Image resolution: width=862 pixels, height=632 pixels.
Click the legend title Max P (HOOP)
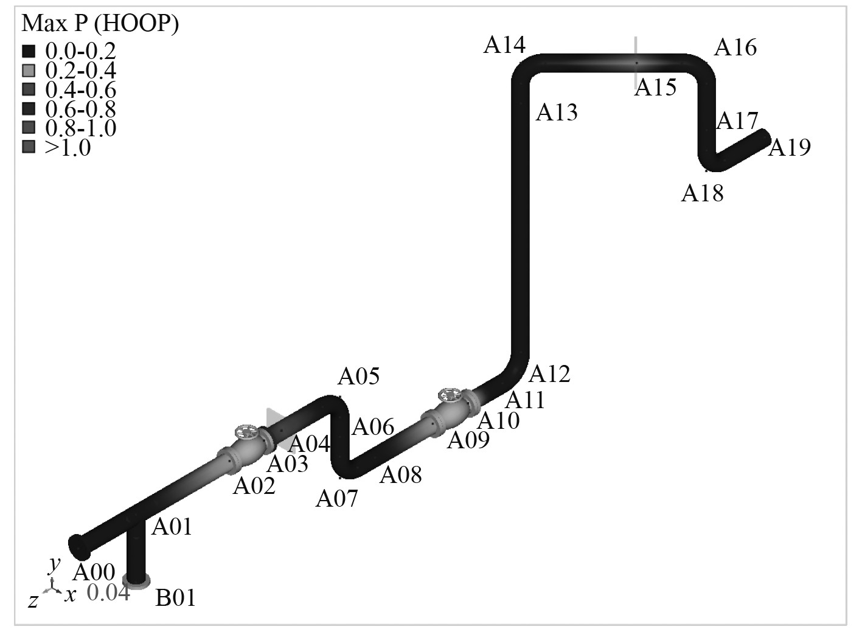[x=100, y=24]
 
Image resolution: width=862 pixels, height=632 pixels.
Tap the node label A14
[x=504, y=45]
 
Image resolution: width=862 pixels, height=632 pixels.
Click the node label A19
[x=790, y=147]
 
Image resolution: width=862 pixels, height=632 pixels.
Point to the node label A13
[x=557, y=113]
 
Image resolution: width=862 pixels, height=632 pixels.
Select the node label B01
[x=176, y=599]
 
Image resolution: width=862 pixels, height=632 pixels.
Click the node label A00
[x=94, y=572]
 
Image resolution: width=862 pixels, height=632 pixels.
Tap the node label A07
[x=338, y=499]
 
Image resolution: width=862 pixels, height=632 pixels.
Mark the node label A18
[x=703, y=193]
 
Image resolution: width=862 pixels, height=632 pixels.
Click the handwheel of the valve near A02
[x=247, y=432]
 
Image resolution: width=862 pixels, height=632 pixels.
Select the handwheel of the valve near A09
[x=450, y=394]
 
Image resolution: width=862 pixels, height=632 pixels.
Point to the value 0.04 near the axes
[x=108, y=593]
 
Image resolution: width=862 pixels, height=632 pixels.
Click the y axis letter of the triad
[x=55, y=564]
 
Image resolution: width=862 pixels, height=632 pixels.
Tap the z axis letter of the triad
[x=34, y=602]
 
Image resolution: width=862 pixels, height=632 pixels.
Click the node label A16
[x=735, y=47]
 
